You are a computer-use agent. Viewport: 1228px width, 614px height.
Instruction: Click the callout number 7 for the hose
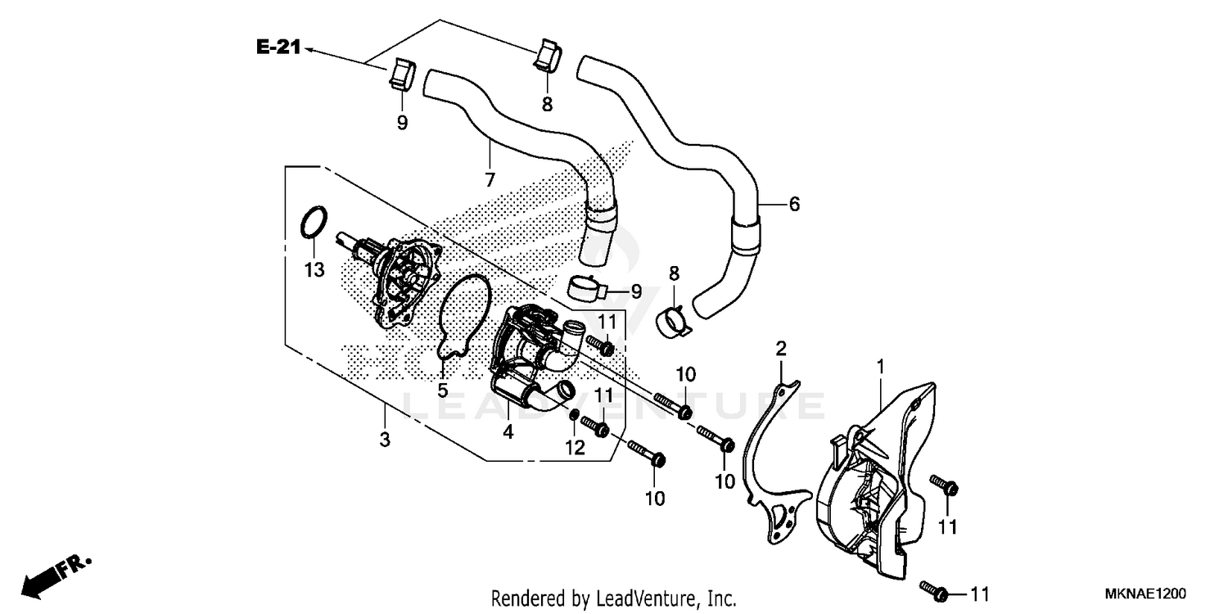[490, 180]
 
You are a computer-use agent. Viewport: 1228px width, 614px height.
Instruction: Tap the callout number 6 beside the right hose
[793, 204]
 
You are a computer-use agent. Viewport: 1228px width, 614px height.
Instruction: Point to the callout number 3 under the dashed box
[385, 440]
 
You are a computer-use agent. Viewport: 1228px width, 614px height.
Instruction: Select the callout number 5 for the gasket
[443, 391]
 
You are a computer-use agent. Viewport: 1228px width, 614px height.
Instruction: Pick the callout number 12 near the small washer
[575, 448]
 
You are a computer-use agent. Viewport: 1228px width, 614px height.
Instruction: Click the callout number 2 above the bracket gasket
[781, 350]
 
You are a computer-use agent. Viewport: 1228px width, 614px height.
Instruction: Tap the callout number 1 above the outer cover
[881, 368]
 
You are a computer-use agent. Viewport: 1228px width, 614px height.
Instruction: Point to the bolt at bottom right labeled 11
[933, 589]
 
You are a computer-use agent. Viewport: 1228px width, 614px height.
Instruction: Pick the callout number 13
[315, 269]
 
